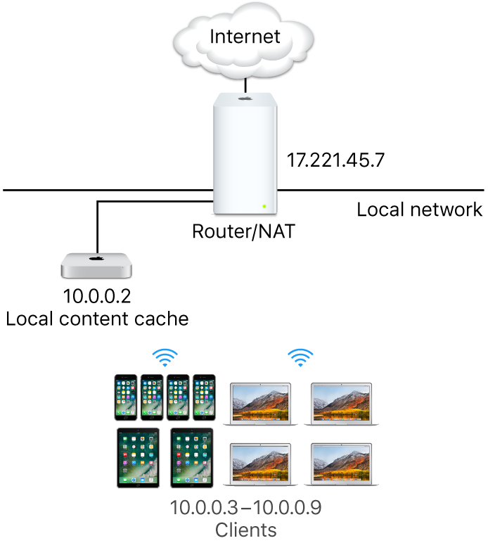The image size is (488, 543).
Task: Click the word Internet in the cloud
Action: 245,37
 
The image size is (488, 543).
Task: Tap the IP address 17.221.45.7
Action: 335,160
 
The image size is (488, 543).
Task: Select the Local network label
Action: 420,210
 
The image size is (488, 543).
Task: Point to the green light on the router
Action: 264,206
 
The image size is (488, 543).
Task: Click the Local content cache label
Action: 98,319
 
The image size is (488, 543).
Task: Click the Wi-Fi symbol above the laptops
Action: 301,359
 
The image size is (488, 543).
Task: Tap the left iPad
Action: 136,459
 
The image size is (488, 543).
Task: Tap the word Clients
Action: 245,529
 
